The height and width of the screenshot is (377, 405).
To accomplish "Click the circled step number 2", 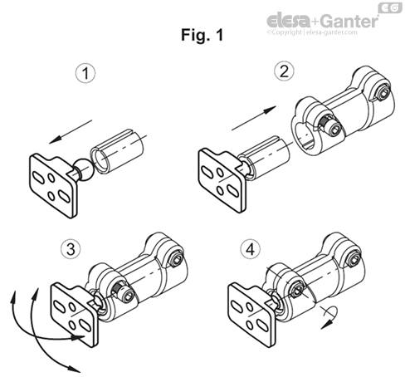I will pyautogui.click(x=285, y=72).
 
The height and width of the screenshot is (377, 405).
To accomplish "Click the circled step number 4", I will pyautogui.click(x=250, y=248).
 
